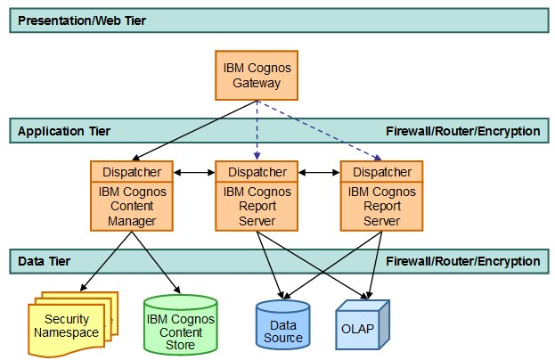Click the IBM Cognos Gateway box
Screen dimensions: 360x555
(x=257, y=74)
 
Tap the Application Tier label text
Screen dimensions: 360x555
(x=64, y=131)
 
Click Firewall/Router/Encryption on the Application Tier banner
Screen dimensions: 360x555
(x=462, y=131)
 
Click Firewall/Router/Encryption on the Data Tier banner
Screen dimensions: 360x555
(x=462, y=261)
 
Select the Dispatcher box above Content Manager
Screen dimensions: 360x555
(x=132, y=171)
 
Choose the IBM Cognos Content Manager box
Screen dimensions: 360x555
(x=132, y=207)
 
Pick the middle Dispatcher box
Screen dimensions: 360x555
(x=257, y=171)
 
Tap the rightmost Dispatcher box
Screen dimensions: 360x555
(x=381, y=171)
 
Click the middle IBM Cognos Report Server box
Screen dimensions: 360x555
(x=257, y=207)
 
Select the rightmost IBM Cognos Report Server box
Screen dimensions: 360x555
(x=381, y=207)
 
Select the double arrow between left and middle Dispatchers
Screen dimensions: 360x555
(x=194, y=171)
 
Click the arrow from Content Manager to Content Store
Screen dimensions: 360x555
(x=158, y=263)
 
